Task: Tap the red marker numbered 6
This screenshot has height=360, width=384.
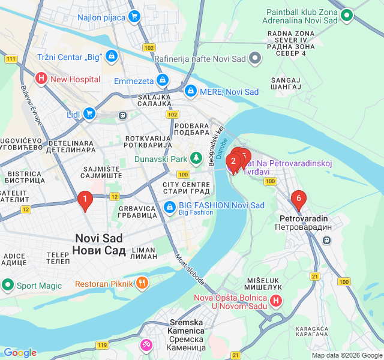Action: [x=298, y=199]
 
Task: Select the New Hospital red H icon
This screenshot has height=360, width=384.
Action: [x=41, y=78]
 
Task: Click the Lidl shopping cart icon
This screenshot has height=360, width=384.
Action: [x=89, y=113]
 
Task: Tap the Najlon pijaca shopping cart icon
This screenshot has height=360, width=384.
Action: [x=134, y=17]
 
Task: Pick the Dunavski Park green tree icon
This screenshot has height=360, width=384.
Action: [x=196, y=159]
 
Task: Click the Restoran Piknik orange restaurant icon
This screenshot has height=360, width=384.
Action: [x=142, y=283]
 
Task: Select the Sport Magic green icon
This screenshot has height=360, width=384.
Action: [x=8, y=285]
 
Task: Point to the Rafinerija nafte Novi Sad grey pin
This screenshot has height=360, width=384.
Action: [x=256, y=58]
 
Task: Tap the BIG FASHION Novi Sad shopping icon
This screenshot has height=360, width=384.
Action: [x=170, y=208]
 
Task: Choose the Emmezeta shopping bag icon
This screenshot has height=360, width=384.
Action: [x=162, y=79]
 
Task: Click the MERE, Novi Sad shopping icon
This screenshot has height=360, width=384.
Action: [x=191, y=91]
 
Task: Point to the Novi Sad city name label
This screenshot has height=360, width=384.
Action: [x=99, y=244]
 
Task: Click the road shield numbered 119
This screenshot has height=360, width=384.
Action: [x=103, y=345]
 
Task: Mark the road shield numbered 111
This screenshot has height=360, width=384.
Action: [x=11, y=59]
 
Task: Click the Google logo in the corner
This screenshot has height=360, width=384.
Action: [x=20, y=353]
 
